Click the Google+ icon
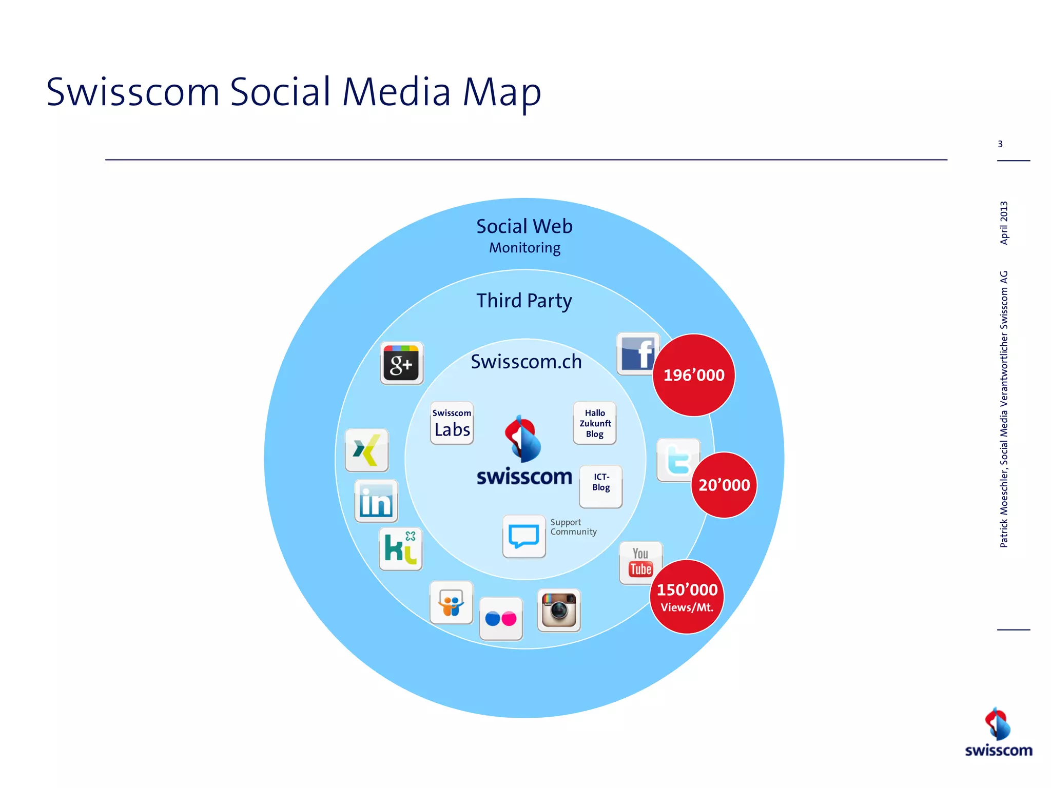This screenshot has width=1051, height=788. click(402, 363)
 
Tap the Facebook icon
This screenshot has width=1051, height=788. click(637, 354)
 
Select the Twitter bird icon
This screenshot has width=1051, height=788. click(677, 460)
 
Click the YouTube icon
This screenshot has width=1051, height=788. click(640, 563)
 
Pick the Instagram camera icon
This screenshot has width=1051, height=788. click(559, 610)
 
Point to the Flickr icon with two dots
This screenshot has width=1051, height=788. click(501, 619)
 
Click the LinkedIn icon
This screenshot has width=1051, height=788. click(376, 501)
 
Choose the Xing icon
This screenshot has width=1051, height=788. click(366, 450)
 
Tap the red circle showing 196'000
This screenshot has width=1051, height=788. click(694, 375)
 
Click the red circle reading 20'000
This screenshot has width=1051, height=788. click(724, 485)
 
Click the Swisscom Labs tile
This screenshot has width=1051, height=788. click(452, 423)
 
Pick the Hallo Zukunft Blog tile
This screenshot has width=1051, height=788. click(595, 423)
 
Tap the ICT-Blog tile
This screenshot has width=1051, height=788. click(601, 486)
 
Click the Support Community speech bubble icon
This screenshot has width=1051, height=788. click(524, 537)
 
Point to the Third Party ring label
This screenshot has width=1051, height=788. click(524, 301)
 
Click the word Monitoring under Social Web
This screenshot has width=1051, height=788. click(524, 248)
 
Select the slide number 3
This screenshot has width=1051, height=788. click(1000, 144)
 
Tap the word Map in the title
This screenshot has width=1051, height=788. click(501, 92)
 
